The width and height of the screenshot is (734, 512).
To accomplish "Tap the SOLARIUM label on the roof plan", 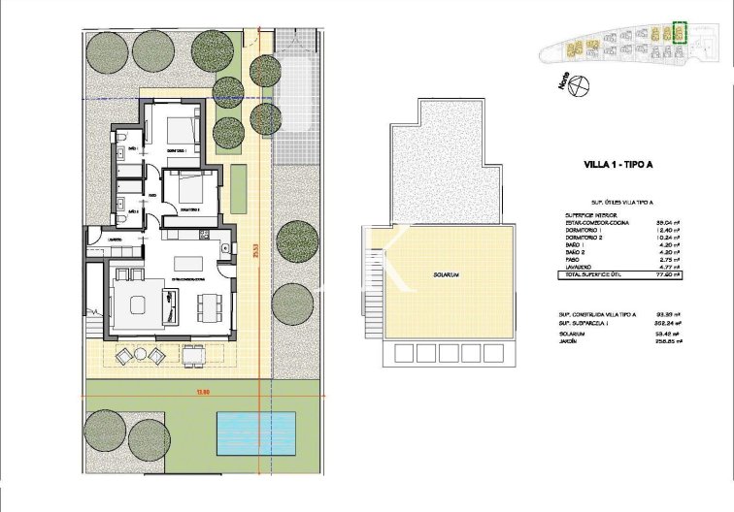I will tap(448, 276).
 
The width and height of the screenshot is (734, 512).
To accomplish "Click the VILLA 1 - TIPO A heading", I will tap(617, 165).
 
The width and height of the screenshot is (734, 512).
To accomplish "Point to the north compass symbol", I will tap(581, 86).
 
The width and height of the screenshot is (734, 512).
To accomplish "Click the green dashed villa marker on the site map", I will tap(680, 33).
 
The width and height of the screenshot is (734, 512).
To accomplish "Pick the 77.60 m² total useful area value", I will tap(666, 276).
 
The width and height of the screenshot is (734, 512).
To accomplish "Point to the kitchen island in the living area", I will tap(189, 263).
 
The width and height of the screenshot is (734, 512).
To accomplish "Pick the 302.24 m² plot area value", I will tap(666, 323).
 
